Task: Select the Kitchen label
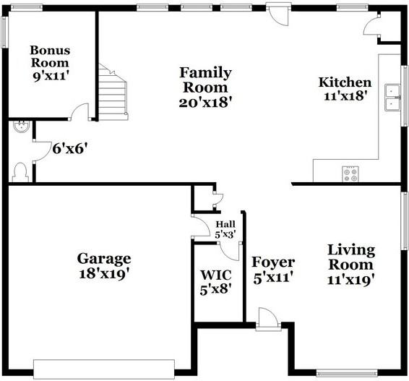(345, 82)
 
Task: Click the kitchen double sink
(393, 97)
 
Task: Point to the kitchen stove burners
(350, 174)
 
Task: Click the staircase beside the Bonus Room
(113, 95)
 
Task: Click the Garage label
(104, 258)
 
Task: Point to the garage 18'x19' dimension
(104, 273)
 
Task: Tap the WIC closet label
(216, 275)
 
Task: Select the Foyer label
(272, 262)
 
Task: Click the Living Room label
(350, 257)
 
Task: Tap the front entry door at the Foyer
(265, 320)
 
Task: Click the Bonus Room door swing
(79, 112)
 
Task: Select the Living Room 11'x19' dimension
(350, 280)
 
